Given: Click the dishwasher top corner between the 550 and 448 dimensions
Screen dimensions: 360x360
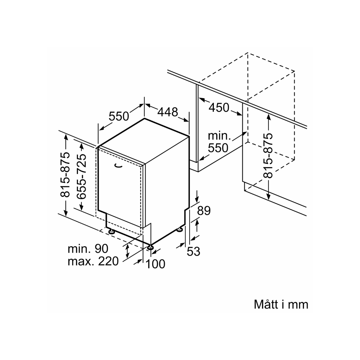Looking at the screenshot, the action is pyautogui.click(x=144, y=118).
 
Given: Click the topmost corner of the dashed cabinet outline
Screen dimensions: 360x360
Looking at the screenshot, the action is pyautogui.click(x=248, y=53).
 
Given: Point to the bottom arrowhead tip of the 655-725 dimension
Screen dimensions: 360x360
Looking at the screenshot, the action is pyautogui.click(x=82, y=211).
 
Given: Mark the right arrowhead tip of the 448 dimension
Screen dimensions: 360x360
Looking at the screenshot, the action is pyautogui.click(x=189, y=122).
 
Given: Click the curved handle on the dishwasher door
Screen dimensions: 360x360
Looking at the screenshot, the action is pyautogui.click(x=118, y=165).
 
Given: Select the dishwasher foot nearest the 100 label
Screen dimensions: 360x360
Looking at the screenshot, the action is pyautogui.click(x=150, y=247).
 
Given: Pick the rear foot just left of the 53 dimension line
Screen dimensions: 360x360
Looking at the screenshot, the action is pyautogui.click(x=180, y=229).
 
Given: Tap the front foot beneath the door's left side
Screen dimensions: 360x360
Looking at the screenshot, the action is pyautogui.click(x=112, y=232).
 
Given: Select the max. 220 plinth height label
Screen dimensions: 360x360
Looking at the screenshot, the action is pyautogui.click(x=93, y=261).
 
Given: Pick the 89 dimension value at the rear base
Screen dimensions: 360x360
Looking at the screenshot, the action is pyautogui.click(x=204, y=211).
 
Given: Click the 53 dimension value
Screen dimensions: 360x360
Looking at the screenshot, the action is pyautogui.click(x=193, y=251).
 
